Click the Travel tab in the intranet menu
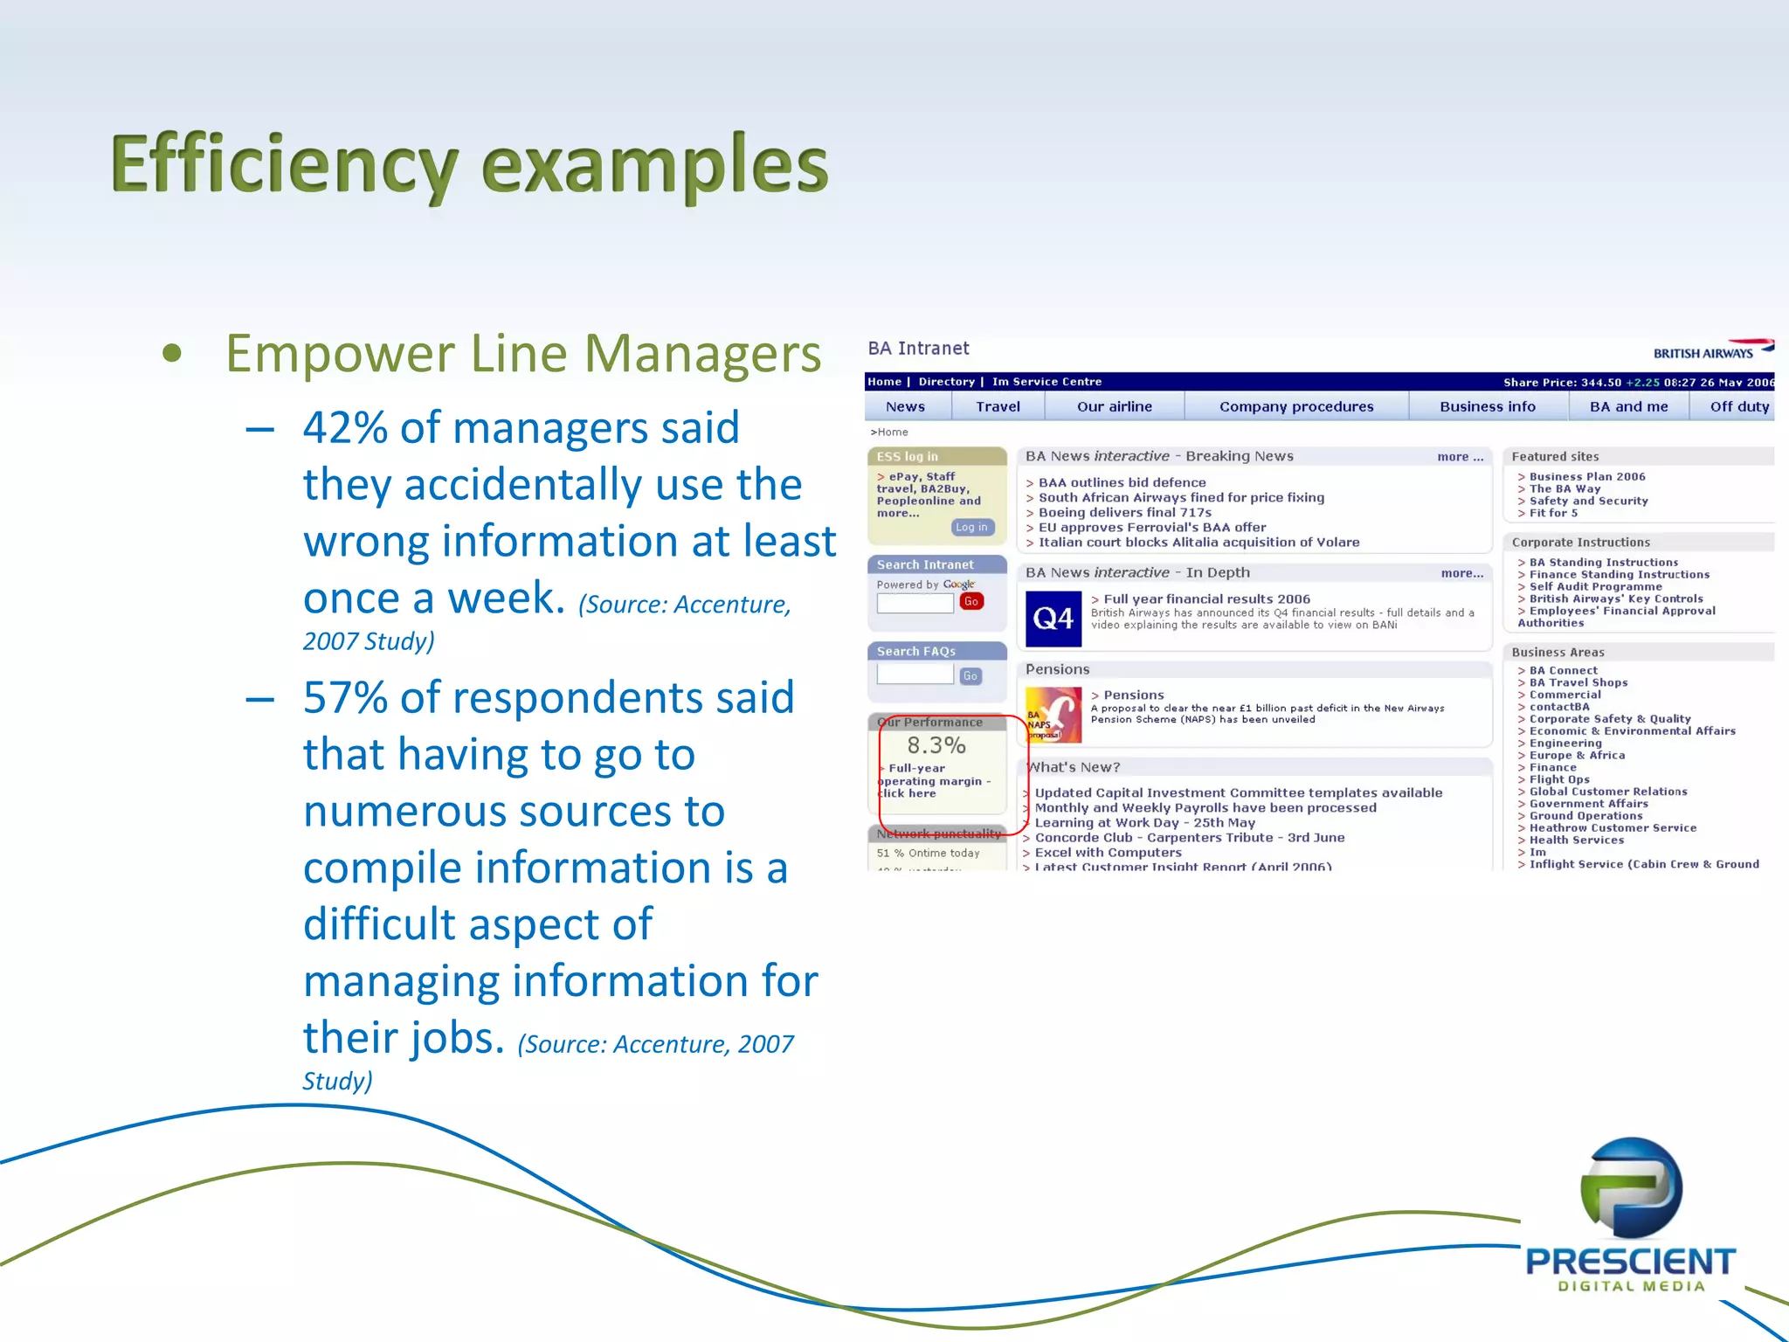coord(998,406)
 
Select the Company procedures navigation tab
coord(1296,406)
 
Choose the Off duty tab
coord(1738,406)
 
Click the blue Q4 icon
coord(1053,619)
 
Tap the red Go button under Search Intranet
coord(970,601)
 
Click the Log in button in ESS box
coord(971,527)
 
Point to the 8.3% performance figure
coord(936,745)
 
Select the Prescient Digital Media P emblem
coord(1631,1188)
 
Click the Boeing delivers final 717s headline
coord(1124,513)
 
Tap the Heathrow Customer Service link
coord(1612,828)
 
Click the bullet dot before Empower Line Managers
coord(172,354)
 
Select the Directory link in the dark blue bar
coord(946,382)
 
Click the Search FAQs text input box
coord(915,674)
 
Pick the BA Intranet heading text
coord(918,349)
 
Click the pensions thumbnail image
coord(1053,715)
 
